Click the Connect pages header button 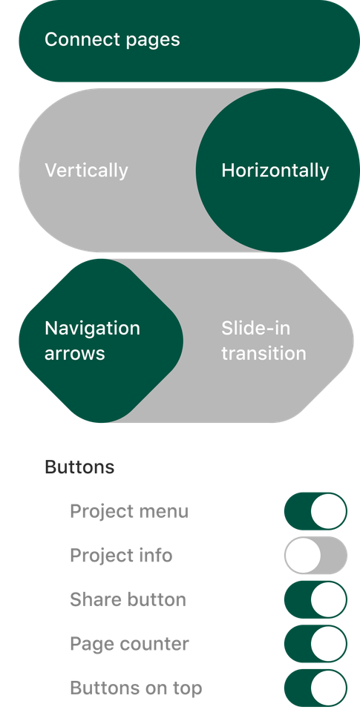click(189, 41)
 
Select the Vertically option click(86, 170)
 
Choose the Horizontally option click(278, 170)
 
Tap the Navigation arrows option click(101, 341)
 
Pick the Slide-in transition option click(264, 341)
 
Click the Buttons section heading click(79, 467)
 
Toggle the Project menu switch click(315, 511)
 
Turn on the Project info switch click(315, 556)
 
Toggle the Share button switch click(315, 599)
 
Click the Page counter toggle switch click(315, 644)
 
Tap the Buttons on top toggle click(315, 688)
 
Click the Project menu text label click(129, 512)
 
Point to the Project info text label click(121, 556)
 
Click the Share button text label click(128, 599)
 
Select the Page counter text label click(129, 645)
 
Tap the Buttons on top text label click(136, 688)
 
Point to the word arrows click(75, 354)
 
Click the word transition click(264, 353)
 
